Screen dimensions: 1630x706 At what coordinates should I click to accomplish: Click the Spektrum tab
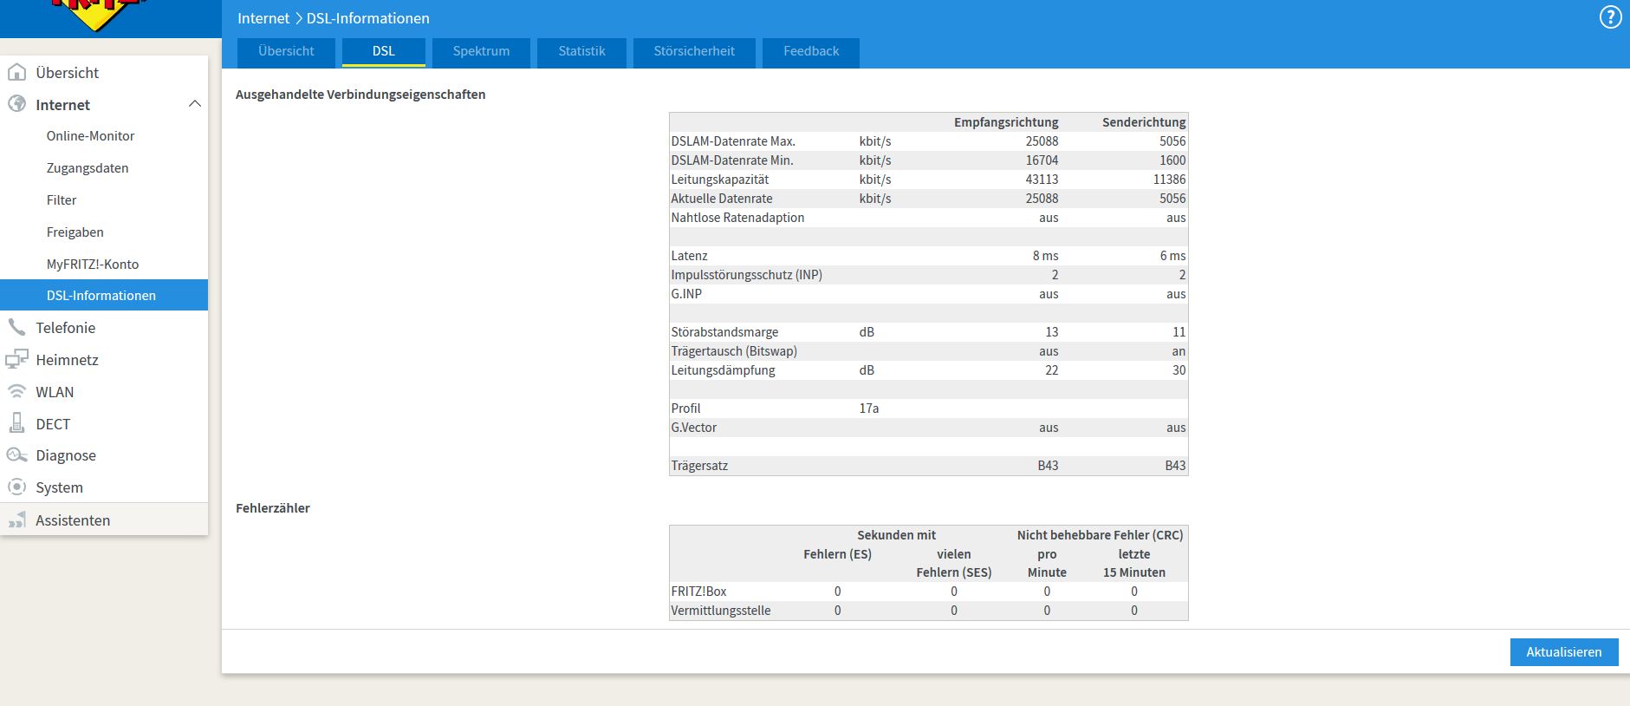[x=481, y=52]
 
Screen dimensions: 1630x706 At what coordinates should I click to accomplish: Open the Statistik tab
[x=581, y=52]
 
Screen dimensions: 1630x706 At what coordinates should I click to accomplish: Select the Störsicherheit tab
[x=694, y=52]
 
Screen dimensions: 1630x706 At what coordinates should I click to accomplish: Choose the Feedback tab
[x=811, y=52]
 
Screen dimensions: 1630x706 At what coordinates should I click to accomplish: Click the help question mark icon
[x=1610, y=18]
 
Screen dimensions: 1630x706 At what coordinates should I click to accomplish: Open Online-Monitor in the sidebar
[x=90, y=136]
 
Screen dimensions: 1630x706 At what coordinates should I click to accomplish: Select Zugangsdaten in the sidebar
[x=88, y=168]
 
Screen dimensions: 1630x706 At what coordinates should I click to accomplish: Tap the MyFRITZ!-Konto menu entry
[x=93, y=265]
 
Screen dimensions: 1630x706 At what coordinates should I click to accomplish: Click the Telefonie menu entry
[x=65, y=328]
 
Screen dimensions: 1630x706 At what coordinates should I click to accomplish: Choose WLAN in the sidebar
[x=55, y=392]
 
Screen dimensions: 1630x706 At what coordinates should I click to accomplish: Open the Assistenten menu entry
[x=73, y=520]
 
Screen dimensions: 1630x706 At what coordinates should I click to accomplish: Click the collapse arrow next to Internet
[x=195, y=104]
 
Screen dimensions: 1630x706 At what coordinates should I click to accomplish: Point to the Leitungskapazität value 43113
[x=1042, y=180]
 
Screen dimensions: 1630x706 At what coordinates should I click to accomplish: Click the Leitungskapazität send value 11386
[x=1169, y=180]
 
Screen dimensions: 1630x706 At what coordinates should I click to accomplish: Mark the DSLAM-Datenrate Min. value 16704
[x=1042, y=160]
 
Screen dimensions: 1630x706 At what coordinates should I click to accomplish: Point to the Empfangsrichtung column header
[x=1006, y=122]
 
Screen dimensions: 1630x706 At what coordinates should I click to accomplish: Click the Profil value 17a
[x=869, y=409]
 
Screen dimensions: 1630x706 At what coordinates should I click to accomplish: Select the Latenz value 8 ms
[x=1045, y=256]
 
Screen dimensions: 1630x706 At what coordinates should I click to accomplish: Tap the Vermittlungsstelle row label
[x=720, y=611]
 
